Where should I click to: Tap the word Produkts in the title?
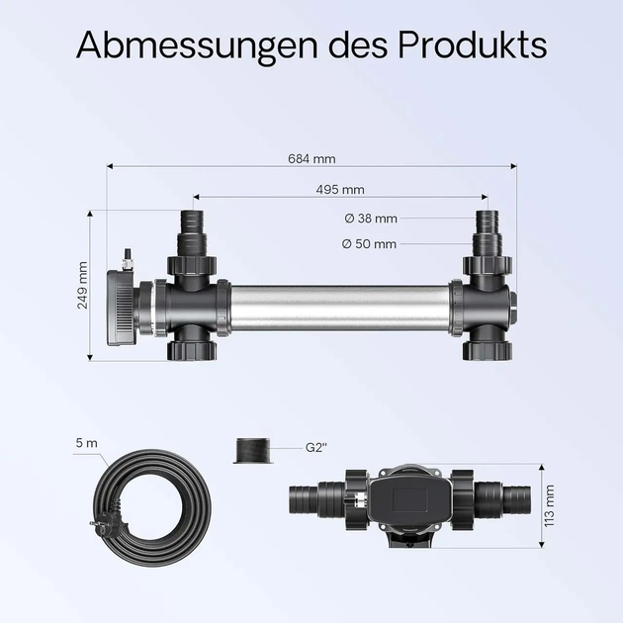pyautogui.click(x=473, y=44)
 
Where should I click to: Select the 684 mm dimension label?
pyautogui.click(x=311, y=159)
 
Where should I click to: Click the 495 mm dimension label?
pyautogui.click(x=340, y=190)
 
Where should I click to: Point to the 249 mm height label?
pyautogui.click(x=82, y=285)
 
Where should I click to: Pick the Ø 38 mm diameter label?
pyautogui.click(x=371, y=219)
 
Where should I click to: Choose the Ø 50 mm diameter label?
pyautogui.click(x=369, y=243)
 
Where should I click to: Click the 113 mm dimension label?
pyautogui.click(x=549, y=505)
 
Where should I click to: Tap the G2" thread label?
pyautogui.click(x=316, y=447)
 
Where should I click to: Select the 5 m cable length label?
pyautogui.click(x=87, y=443)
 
